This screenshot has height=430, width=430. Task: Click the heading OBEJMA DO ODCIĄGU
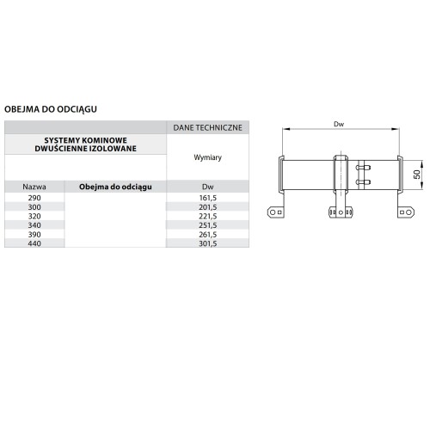(51, 109)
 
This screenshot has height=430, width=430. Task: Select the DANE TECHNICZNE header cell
(207, 127)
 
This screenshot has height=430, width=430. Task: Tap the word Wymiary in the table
(207, 157)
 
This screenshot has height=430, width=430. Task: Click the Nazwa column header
(34, 187)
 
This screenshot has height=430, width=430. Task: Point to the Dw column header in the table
(207, 187)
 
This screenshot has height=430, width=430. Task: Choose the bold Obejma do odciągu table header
(115, 187)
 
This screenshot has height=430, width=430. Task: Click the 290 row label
(34, 198)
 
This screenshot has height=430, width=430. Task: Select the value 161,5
(207, 198)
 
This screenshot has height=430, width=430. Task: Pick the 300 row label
(34, 207)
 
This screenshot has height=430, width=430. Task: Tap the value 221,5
(207, 216)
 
